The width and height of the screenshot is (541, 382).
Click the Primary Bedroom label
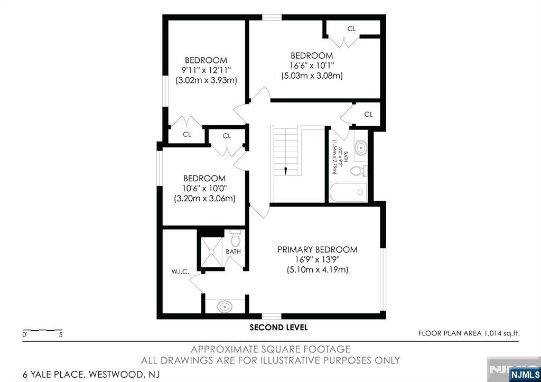[x=317, y=249]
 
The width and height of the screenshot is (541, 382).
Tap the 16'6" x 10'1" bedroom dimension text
[x=312, y=66]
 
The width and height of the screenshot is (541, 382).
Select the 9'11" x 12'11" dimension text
[x=206, y=70]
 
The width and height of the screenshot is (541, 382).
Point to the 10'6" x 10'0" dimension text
[x=204, y=189]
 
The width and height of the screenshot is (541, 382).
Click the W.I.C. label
[x=180, y=272]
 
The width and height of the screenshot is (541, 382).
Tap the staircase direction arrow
[x=285, y=170]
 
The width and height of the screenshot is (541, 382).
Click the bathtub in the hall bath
[x=348, y=192]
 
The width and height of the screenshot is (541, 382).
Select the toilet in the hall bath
[x=359, y=171]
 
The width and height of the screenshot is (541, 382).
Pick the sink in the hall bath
[x=361, y=147]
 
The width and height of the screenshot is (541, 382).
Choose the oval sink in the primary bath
[x=225, y=305]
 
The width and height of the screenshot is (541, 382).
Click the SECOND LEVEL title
[x=278, y=328]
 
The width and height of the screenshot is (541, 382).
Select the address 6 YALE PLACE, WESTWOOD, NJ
[x=91, y=375]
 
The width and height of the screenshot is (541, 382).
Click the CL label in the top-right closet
[x=351, y=28]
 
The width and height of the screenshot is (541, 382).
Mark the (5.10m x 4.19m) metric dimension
[x=317, y=269]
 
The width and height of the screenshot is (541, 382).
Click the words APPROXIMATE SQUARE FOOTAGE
[x=270, y=349]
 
